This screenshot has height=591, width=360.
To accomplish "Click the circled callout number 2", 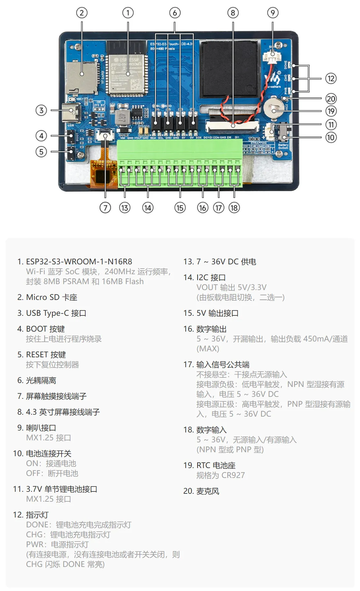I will pyautogui.click(x=82, y=13).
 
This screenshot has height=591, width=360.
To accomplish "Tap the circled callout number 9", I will pyautogui.click(x=272, y=13).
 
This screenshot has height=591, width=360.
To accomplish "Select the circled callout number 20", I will pyautogui.click(x=331, y=99).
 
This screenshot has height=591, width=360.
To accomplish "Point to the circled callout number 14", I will pyautogui.click(x=148, y=208).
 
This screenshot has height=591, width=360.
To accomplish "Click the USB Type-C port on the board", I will pyautogui.click(x=73, y=110).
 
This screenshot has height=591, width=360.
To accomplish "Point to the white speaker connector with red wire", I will pyautogui.click(x=272, y=58).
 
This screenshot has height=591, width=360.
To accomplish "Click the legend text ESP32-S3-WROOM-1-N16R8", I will pyautogui.click(x=79, y=261).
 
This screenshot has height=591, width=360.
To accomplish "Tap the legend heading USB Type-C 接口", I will pyautogui.click(x=56, y=313).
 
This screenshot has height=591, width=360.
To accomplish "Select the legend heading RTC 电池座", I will pyautogui.click(x=216, y=465).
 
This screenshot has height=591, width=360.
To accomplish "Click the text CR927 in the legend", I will pyautogui.click(x=233, y=475).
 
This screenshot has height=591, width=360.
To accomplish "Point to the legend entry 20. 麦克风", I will pyautogui.click(x=201, y=491).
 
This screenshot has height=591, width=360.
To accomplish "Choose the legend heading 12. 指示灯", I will pyautogui.click(x=31, y=515).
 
